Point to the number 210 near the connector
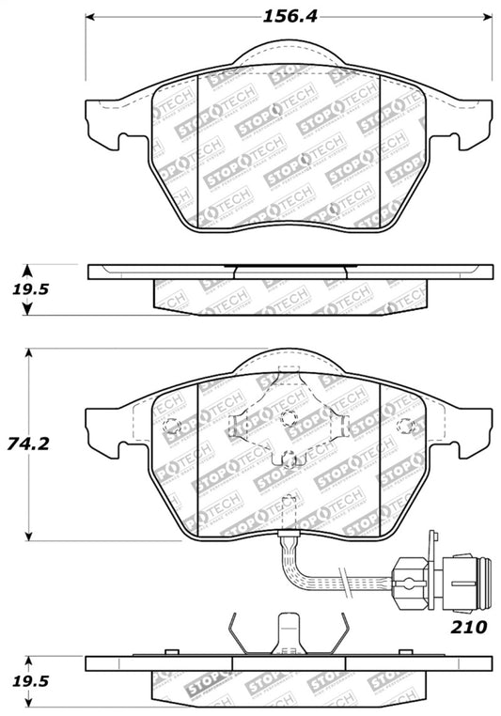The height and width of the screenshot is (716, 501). pos(466,624)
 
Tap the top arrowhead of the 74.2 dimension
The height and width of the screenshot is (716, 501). pos(29,354)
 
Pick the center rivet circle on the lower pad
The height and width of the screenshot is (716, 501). pos(289,417)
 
